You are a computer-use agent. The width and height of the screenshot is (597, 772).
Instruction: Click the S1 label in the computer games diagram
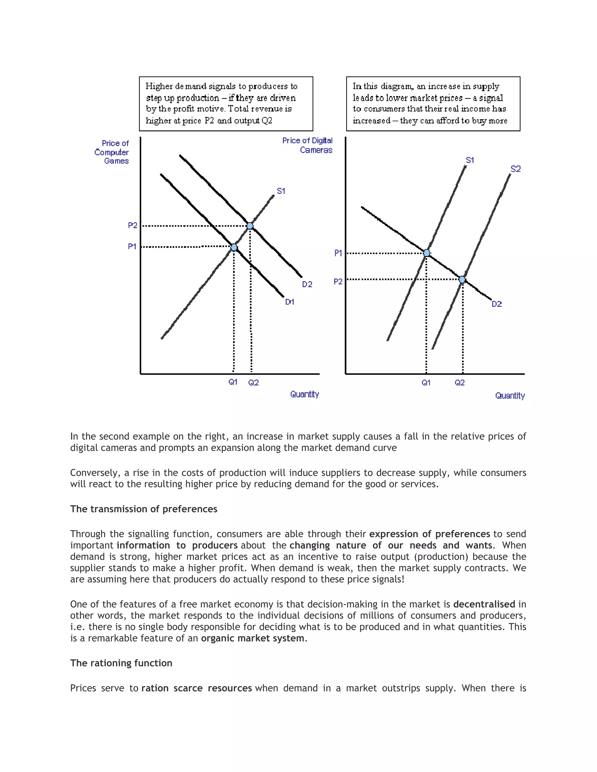[281, 191]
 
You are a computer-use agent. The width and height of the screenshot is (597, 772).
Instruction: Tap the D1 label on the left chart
[290, 302]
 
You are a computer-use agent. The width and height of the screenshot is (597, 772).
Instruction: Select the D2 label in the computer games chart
[307, 285]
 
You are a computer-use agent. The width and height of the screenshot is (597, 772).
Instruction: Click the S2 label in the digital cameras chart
[516, 169]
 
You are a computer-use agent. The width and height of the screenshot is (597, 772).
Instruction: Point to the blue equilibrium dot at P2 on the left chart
[250, 226]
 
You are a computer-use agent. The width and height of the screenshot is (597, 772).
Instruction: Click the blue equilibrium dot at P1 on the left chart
[234, 247]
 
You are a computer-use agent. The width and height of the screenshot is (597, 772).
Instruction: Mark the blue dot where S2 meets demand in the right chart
[462, 280]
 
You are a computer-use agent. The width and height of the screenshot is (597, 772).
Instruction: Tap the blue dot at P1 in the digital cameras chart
[426, 253]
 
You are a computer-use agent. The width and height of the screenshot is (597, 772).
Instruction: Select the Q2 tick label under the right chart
[459, 383]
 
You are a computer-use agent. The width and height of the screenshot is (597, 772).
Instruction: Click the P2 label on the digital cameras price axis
[338, 282]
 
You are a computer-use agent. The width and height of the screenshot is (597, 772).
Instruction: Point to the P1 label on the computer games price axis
[132, 246]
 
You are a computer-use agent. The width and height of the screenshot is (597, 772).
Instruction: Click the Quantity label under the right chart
[510, 396]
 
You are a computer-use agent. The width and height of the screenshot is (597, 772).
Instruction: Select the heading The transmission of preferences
[144, 509]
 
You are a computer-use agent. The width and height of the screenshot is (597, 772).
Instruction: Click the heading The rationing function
[121, 663]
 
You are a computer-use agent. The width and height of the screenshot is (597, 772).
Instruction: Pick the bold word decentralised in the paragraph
[484, 604]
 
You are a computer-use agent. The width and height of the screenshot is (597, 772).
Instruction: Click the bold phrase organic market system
[252, 638]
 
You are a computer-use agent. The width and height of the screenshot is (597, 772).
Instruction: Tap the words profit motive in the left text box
[199, 109]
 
